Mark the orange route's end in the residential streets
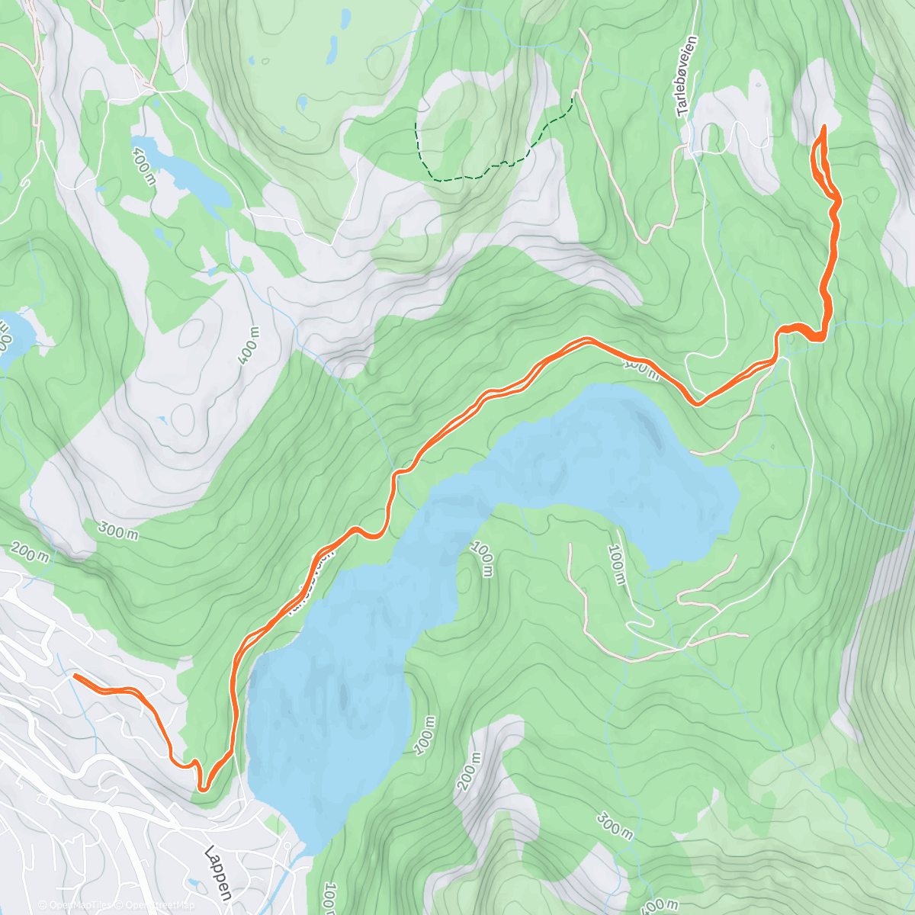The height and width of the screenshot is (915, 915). tap(75, 676)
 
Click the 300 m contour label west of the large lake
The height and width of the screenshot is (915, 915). tap(118, 529)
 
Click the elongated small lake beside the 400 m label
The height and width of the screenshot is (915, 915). tap(183, 175)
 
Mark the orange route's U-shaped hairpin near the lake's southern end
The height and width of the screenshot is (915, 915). tap(203, 785)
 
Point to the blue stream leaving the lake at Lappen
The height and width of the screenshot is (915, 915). tap(290, 877)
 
